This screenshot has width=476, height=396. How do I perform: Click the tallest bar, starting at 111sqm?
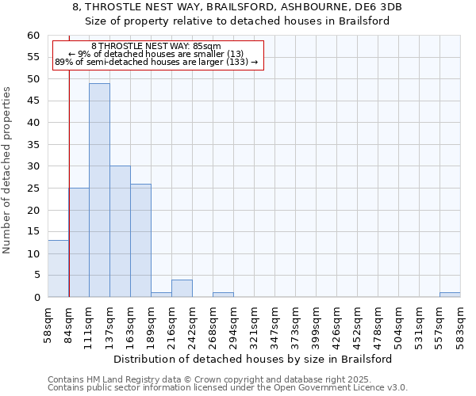(99, 190)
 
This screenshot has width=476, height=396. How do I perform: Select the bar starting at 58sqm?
(58, 268)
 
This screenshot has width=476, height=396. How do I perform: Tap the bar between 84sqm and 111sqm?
(79, 242)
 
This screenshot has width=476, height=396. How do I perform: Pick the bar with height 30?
(120, 231)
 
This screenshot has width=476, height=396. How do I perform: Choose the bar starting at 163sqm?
(140, 240)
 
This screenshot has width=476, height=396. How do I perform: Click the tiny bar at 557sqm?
(450, 295)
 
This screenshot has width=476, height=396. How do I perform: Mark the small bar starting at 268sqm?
(223, 295)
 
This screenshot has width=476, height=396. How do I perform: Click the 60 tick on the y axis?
(33, 36)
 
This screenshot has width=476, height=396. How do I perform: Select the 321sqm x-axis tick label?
(255, 325)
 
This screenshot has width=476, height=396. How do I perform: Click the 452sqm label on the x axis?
(358, 325)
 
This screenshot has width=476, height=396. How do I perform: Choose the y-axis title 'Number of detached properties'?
(7, 170)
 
